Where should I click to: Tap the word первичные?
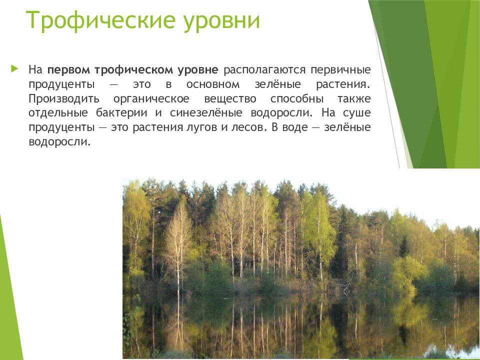(x=341, y=68)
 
